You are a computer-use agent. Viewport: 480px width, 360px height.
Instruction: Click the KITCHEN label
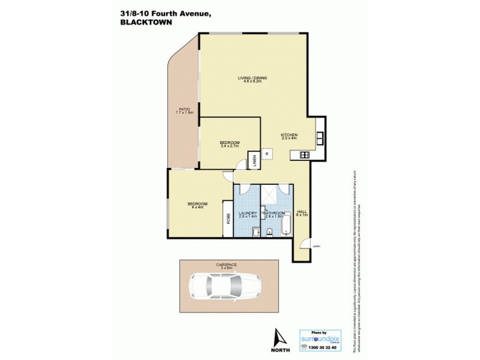click(289, 135)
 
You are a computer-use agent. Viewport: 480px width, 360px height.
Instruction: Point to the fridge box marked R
click(267, 154)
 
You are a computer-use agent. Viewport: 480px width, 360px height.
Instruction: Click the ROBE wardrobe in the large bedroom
click(228, 218)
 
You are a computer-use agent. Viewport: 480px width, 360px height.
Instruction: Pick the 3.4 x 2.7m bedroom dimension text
click(230, 146)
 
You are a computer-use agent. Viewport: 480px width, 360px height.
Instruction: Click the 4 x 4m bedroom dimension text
click(197, 208)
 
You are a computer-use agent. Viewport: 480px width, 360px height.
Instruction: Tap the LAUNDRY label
click(248, 212)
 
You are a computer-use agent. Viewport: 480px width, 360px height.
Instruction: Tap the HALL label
click(301, 212)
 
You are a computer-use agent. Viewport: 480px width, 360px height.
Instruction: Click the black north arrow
click(277, 337)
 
